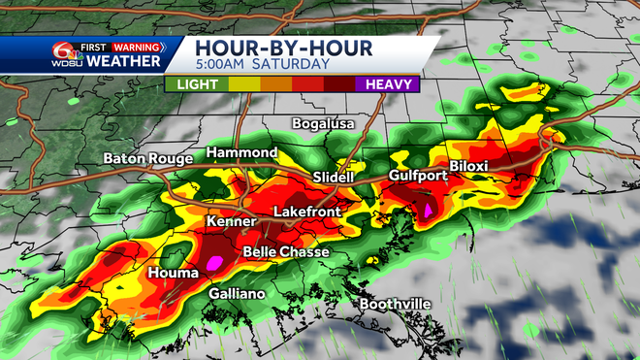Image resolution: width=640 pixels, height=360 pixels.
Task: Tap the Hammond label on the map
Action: (241, 153)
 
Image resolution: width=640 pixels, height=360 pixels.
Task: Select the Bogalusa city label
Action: (325, 123)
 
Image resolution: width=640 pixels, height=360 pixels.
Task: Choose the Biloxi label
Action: (468, 166)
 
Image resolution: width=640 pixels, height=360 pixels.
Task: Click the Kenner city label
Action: (230, 221)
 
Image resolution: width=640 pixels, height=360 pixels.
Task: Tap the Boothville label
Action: (395, 305)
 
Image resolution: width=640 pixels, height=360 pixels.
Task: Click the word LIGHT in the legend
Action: (196, 83)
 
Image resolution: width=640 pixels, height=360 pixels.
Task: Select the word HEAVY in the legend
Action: (391, 83)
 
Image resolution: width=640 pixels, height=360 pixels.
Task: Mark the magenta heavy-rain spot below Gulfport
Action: (427, 210)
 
